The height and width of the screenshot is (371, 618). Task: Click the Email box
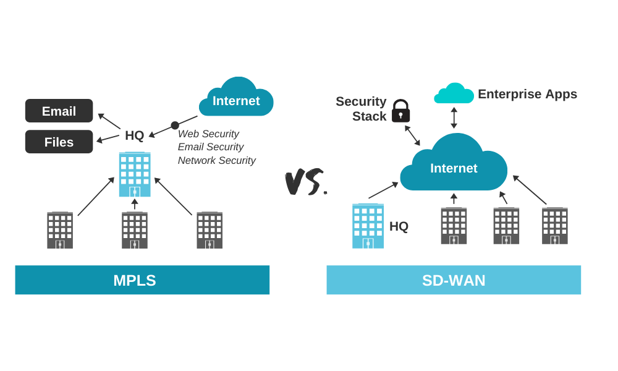point(59,111)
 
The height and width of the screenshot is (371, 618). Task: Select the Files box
point(59,142)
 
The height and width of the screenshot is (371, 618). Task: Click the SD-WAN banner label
point(454,280)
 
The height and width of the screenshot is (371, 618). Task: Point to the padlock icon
point(400,111)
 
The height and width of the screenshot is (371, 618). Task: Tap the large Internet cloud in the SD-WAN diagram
point(454,166)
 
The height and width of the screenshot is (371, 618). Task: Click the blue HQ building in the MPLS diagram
point(135,174)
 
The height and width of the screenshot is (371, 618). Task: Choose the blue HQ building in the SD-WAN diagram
point(368,226)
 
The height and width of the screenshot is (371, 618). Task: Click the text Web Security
point(208,134)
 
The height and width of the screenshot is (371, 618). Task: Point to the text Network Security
point(216,160)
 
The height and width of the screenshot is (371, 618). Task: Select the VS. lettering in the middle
point(305,181)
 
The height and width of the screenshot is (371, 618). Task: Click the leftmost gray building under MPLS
point(60,230)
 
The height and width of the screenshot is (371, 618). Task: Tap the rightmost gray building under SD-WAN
point(554,226)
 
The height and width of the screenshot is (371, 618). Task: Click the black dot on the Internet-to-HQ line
point(175,126)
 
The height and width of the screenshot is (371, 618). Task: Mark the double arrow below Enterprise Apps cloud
point(454,117)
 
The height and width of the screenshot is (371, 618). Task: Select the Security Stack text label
point(361,109)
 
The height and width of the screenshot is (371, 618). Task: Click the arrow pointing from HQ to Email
point(109,121)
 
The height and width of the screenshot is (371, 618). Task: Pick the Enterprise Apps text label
point(527,94)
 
